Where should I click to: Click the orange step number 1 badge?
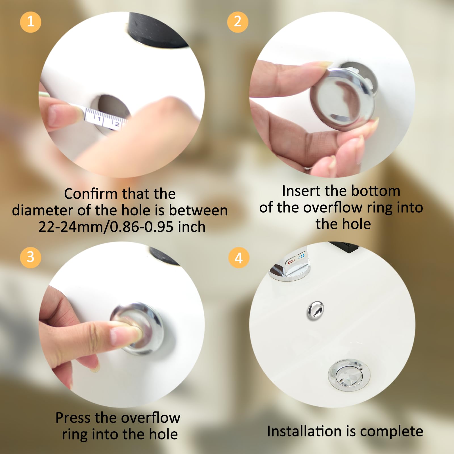31,22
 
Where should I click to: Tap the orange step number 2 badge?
238,22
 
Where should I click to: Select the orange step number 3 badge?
31,257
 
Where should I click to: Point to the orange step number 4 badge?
239,258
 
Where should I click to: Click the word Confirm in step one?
91,194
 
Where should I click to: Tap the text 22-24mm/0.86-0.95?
106,227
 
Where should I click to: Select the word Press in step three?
73,418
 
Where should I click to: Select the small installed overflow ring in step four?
315,310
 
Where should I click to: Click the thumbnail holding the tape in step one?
61,115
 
